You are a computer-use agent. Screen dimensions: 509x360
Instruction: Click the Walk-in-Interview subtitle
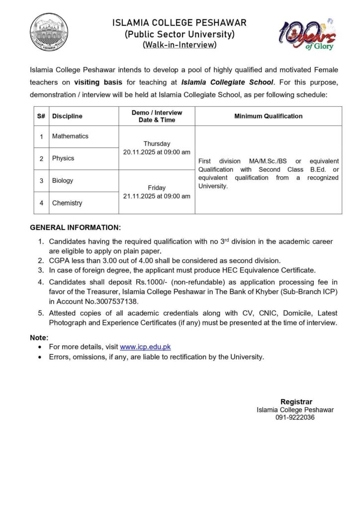pos(180,45)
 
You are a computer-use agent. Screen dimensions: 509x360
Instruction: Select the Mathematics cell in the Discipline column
pos(70,136)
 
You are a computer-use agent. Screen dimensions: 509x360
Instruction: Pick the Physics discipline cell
pos(63,159)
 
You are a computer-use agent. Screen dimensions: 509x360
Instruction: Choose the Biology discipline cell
pos(63,181)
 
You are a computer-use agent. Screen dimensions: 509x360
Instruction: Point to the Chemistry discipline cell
pos(67,203)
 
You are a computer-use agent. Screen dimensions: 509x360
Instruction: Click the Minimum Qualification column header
pos(268,116)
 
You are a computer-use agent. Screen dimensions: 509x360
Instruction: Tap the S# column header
pos(41,116)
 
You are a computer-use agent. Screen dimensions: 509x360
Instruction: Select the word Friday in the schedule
pos(157,188)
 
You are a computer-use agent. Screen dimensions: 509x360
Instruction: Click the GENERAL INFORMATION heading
pos(75,228)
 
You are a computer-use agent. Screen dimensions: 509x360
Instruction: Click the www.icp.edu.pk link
pos(145,347)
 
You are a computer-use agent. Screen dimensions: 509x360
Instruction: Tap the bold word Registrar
pos(296,402)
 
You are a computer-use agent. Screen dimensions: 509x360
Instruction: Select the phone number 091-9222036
pos(295,418)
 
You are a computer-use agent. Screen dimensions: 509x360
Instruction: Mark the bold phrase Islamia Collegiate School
pos(227,82)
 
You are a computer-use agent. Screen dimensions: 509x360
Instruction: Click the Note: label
pos(39,338)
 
